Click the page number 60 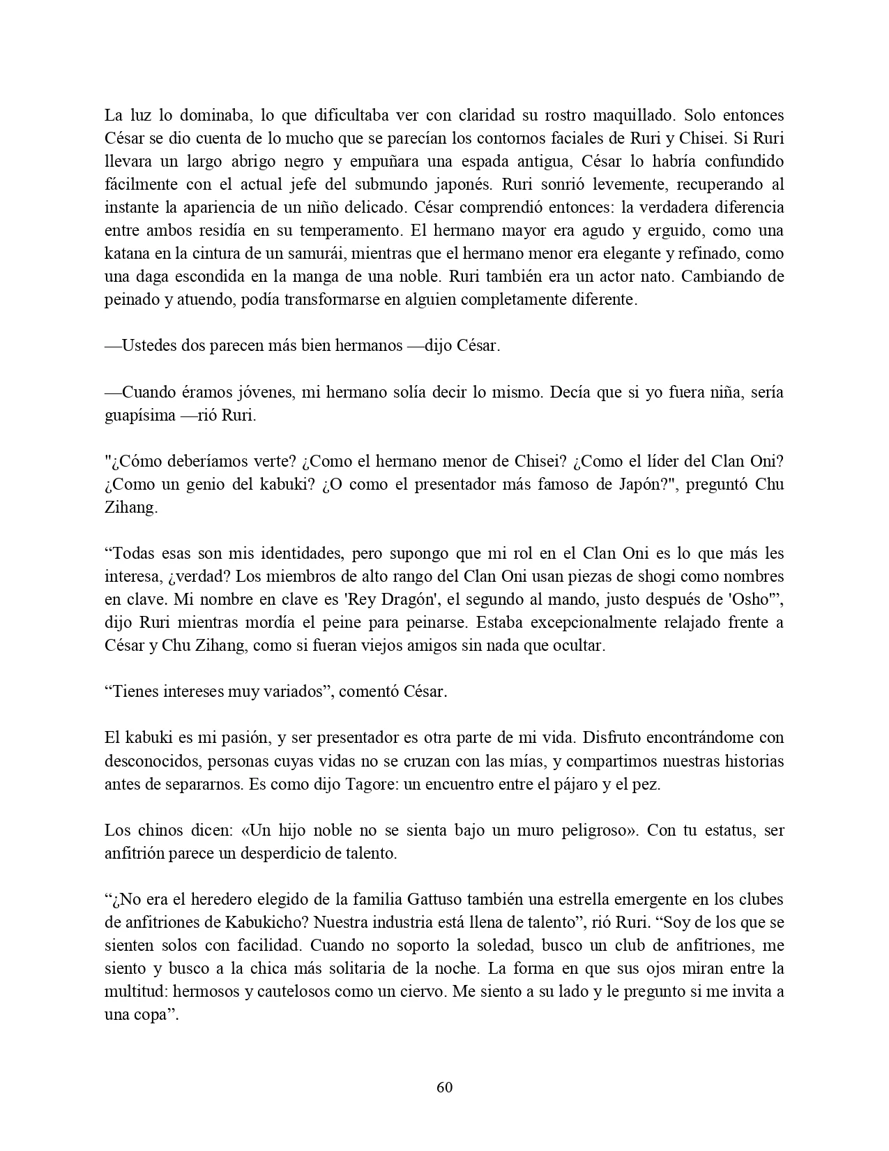tap(444, 1088)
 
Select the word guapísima tap(139, 415)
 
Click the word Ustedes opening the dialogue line tap(146, 346)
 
